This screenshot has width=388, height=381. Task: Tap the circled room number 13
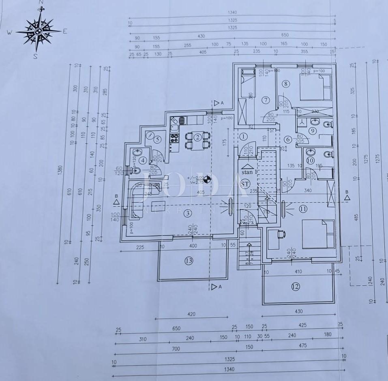189,261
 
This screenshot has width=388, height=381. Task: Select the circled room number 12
295,287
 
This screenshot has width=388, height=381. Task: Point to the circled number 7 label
266,100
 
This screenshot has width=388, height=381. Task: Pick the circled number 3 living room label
187,213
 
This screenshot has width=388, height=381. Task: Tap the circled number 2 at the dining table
197,137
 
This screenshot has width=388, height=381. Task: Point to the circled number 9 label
312,131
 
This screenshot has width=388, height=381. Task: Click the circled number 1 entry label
244,137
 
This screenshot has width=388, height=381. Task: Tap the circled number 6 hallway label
288,139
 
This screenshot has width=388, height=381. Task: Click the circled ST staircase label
244,184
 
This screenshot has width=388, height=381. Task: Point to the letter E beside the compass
65,31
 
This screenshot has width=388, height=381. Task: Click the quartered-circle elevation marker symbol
207,178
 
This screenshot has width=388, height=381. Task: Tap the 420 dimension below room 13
191,314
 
